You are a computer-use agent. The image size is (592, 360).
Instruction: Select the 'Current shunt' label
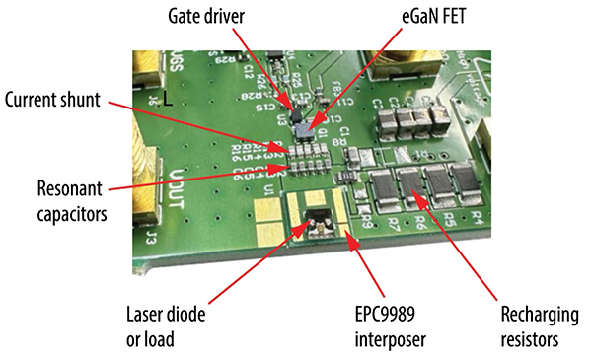[53, 101]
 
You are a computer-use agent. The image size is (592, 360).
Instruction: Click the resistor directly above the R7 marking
[384, 187]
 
